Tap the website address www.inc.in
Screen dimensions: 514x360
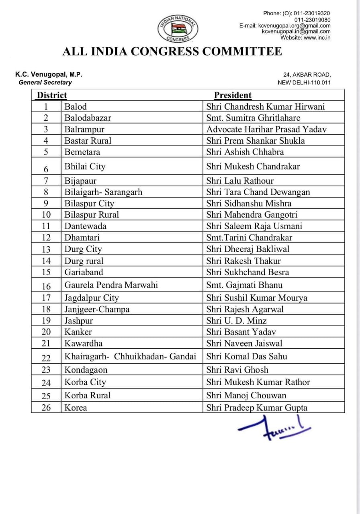pos(317,38)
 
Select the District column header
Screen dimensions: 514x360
pos(52,95)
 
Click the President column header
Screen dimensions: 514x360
pos(233,95)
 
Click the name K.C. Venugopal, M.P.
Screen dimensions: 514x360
pos(49,74)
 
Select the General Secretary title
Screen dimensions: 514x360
pos(45,82)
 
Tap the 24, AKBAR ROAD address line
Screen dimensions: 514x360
pos(307,75)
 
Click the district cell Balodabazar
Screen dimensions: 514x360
pos(88,118)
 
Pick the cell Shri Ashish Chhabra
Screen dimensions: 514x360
pos(245,152)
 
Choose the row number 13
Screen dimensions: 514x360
pos(46,249)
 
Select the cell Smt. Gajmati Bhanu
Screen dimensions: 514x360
pos(244,285)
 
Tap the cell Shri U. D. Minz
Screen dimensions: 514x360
pos(237,320)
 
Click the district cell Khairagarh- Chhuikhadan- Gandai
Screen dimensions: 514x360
pos(130,356)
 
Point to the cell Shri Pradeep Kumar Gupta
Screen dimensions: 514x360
pos(257,408)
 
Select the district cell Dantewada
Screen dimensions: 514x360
pos(86,226)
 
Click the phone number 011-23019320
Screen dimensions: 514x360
pos(312,13)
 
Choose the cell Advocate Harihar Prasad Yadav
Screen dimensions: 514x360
pos(266,129)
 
